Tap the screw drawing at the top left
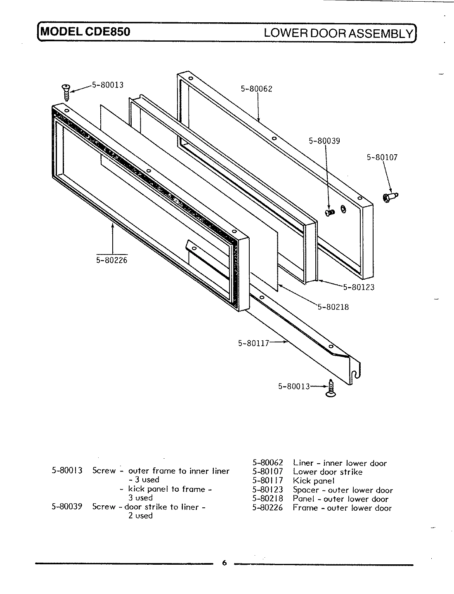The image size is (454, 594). (x=66, y=92)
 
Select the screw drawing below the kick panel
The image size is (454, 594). (x=331, y=389)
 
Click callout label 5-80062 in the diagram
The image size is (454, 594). (x=256, y=89)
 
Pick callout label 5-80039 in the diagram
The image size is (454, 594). (x=324, y=141)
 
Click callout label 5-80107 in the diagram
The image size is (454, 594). (x=382, y=158)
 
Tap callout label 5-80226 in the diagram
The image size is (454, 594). (x=112, y=260)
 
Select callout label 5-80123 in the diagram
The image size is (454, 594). (x=359, y=288)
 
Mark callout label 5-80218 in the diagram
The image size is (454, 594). (x=333, y=307)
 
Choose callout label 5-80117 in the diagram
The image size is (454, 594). (x=253, y=343)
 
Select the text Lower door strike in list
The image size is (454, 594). (x=328, y=472)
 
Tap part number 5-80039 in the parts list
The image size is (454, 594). (x=67, y=507)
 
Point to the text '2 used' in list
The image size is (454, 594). (x=140, y=516)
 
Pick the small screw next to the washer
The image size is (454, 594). (x=329, y=212)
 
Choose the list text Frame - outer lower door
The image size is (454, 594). (x=342, y=508)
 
